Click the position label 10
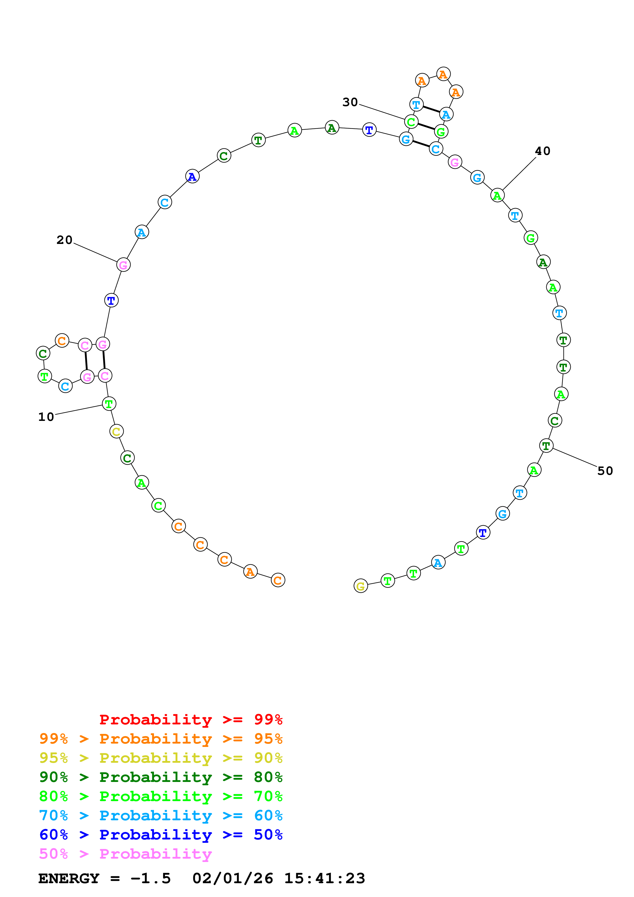pyautogui.click(x=46, y=417)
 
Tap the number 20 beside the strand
pyautogui.click(x=64, y=240)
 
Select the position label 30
pyautogui.click(x=350, y=102)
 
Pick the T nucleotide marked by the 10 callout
pyautogui.click(x=109, y=403)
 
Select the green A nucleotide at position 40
pyautogui.click(x=497, y=195)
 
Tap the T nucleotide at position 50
pyautogui.click(x=546, y=445)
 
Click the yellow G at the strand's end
pyautogui.click(x=361, y=586)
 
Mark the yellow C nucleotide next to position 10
pyautogui.click(x=116, y=431)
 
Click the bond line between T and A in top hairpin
pyautogui.click(x=431, y=109)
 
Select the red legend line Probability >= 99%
pyautogui.click(x=191, y=720)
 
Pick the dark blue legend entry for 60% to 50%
pyautogui.click(x=161, y=835)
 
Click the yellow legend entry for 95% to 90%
pyautogui.click(x=161, y=758)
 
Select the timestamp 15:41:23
pyautogui.click(x=324, y=878)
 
